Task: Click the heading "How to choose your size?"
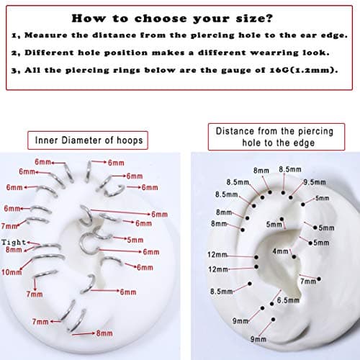pos(172,19)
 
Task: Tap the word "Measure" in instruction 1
pos(46,35)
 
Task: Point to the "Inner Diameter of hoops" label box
pos(88,140)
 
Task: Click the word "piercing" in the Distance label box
pos(316,132)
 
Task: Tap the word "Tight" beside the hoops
pos(14,242)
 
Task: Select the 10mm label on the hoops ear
pos(12,272)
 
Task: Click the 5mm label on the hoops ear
pos(135,240)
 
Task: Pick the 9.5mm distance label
pos(315,182)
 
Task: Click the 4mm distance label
pos(280,251)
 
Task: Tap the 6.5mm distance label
pos(288,300)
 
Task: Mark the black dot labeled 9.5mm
pos(291,197)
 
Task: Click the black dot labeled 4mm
pos(294,257)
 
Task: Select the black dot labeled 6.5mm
pos(271,304)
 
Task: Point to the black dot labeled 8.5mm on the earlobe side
pos(250,284)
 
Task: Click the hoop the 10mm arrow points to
pos(48,256)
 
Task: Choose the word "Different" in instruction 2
pos(49,53)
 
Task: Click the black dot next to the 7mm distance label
pos(319,279)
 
